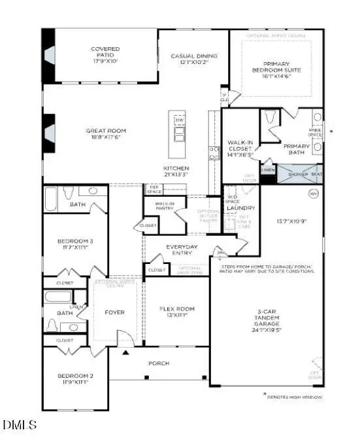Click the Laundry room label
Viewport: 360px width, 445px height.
coord(240,208)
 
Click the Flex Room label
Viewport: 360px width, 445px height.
coord(177,312)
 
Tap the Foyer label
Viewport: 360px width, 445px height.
coord(114,312)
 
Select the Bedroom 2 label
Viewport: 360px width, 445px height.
coord(73,380)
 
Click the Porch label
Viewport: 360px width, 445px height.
coord(159,363)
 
